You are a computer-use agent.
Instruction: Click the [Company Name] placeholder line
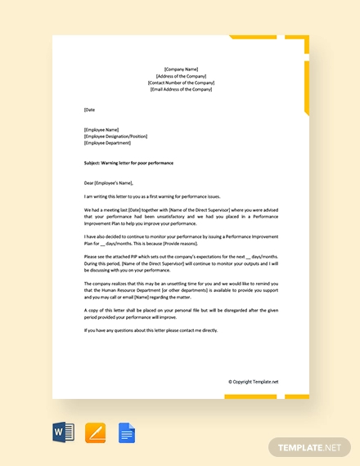181,69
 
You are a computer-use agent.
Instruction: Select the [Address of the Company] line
181,76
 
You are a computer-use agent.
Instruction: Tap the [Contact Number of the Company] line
181,83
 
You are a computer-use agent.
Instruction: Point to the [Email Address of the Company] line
181,89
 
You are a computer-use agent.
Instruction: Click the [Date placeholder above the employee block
90,109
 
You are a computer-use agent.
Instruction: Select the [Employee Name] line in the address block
101,129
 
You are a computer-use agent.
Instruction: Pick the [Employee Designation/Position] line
116,136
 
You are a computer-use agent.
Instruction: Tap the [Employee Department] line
108,142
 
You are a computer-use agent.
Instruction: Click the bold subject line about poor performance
128,163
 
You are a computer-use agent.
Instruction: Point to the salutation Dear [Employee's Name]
108,183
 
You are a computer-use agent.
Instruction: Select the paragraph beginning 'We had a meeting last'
181,217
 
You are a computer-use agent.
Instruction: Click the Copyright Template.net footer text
253,381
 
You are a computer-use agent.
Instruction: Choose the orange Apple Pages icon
96,431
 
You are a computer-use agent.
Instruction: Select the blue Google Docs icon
127,431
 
